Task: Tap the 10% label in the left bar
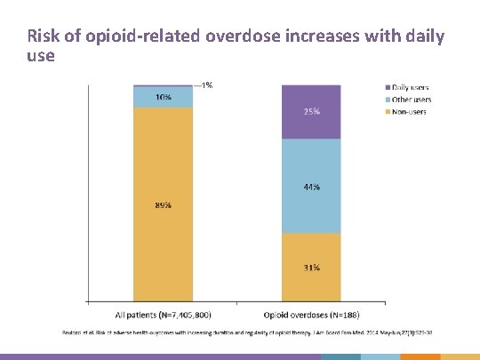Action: tap(164, 97)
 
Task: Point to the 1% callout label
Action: tap(206, 85)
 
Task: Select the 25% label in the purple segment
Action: tap(311, 112)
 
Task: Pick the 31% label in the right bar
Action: tap(311, 268)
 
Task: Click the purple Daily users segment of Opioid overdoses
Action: tap(311, 124)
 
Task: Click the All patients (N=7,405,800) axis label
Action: tap(164, 314)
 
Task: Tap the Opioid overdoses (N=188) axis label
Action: tap(312, 314)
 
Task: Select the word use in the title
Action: tap(41, 56)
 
